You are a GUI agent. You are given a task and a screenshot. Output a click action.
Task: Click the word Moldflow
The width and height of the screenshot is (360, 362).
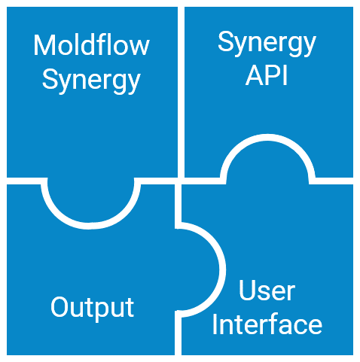(92, 45)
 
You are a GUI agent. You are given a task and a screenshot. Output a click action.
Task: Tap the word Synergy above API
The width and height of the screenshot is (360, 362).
(267, 43)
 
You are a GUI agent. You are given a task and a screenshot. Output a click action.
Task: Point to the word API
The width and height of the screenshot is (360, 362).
(267, 75)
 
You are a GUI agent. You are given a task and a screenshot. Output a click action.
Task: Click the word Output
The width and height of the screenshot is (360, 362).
(93, 308)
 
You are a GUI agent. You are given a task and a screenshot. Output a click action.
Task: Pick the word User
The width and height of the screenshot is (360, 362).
(267, 291)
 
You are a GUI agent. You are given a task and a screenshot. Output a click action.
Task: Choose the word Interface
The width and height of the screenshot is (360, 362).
(267, 324)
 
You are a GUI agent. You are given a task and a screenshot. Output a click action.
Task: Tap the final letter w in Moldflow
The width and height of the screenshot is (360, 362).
(139, 47)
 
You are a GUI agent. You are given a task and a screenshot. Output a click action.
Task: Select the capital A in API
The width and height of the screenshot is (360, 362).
(255, 75)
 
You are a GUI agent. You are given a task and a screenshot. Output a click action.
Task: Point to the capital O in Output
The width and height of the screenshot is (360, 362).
(59, 307)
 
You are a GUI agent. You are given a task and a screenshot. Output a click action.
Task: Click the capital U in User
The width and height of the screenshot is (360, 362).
(247, 291)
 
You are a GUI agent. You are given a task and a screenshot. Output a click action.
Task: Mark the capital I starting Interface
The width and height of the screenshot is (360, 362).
(215, 324)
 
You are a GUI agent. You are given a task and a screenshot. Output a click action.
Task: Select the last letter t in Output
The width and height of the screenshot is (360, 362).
(130, 309)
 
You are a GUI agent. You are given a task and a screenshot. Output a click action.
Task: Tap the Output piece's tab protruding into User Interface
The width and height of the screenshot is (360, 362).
(197, 269)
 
